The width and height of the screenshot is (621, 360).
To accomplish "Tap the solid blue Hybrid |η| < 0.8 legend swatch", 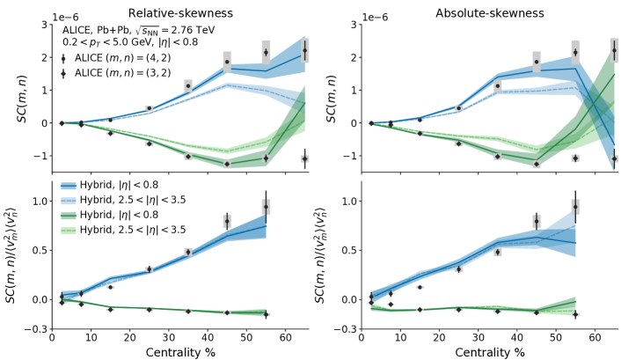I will point(71,186).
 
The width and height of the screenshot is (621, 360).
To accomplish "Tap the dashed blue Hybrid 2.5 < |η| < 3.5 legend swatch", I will point(71,200).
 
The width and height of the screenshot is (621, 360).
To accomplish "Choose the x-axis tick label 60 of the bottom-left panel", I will point(285,338).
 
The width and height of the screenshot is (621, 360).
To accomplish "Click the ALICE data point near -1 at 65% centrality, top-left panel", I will point(304,158).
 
